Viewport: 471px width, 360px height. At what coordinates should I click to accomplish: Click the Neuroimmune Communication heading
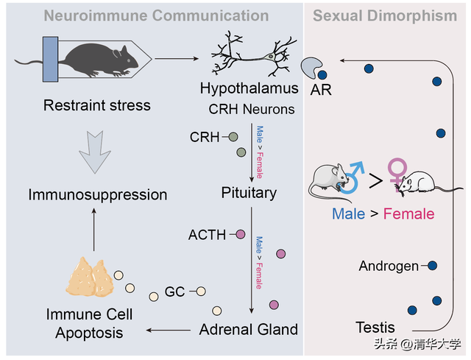[156, 15]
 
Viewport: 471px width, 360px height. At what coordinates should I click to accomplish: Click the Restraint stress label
[97, 105]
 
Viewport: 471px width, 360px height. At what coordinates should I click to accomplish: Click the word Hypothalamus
[249, 89]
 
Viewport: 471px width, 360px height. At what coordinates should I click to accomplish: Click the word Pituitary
[249, 193]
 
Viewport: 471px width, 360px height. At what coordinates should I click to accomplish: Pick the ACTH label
[207, 235]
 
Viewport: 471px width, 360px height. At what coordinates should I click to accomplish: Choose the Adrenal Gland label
[249, 329]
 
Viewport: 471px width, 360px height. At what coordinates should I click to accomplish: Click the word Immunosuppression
[97, 195]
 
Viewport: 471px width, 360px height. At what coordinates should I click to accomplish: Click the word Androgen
[389, 266]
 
